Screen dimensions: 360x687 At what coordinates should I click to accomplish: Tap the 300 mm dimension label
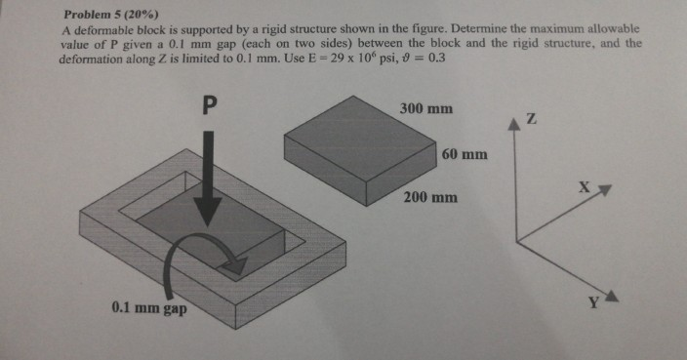point(426,108)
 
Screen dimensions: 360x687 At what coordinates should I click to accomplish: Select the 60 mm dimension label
point(465,155)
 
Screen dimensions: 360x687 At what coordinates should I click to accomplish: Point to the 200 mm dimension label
point(430,197)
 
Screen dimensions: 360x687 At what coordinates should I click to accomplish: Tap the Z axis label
point(531,119)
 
